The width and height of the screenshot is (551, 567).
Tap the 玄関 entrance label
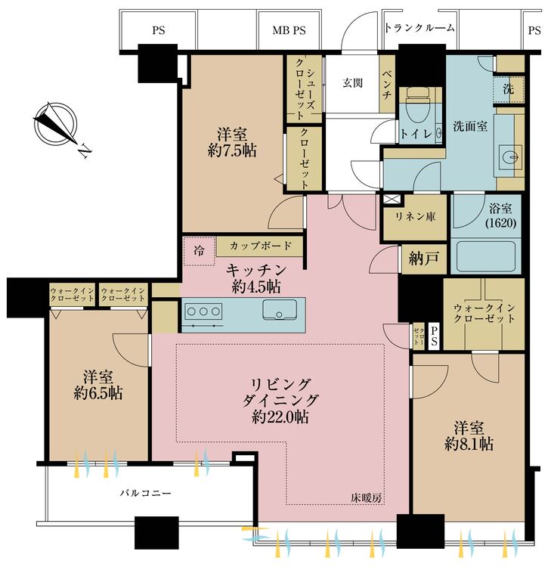pyautogui.click(x=353, y=82)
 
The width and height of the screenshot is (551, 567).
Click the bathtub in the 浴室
pyautogui.click(x=484, y=257)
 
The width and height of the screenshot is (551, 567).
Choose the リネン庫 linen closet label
pyautogui.click(x=416, y=215)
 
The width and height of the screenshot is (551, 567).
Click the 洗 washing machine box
pyautogui.click(x=509, y=88)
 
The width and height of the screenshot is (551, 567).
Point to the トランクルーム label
pyautogui.click(x=419, y=29)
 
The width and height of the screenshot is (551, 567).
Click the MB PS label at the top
pyautogui.click(x=289, y=31)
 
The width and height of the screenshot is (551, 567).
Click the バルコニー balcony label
pyautogui.click(x=146, y=493)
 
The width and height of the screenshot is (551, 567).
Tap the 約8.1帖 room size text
pyautogui.click(x=469, y=445)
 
